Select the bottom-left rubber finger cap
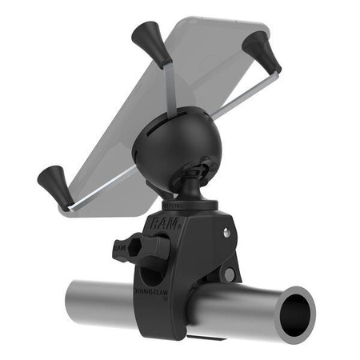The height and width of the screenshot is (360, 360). [x=51, y=181]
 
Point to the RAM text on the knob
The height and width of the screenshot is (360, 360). [x=119, y=249]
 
